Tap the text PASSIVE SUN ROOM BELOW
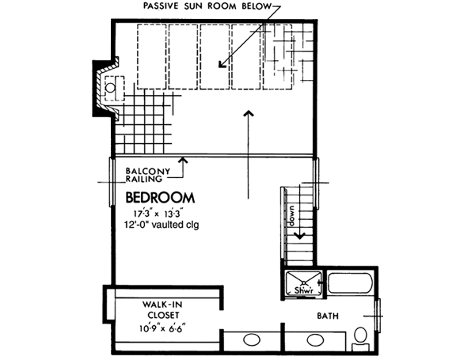207,7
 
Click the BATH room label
329,316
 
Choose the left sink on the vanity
252,341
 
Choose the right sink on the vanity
314,341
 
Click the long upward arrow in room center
249,158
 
